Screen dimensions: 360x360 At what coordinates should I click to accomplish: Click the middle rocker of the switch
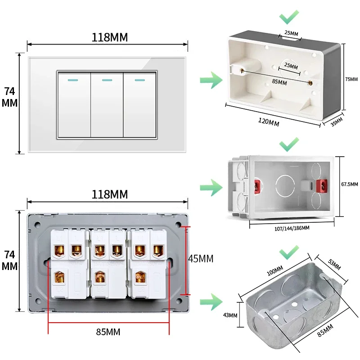[x=107, y=104]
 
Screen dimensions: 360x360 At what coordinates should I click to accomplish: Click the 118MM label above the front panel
[x=109, y=38]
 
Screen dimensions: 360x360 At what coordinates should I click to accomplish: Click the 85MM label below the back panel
[x=108, y=332]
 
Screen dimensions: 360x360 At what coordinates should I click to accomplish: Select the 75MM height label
[x=351, y=79]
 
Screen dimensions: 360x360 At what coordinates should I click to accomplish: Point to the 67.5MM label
[x=349, y=184]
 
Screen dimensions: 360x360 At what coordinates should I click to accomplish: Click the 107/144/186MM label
[x=292, y=228]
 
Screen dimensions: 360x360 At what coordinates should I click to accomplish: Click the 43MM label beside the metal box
[x=230, y=315]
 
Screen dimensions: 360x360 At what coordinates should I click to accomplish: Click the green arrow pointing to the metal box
[x=211, y=301]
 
